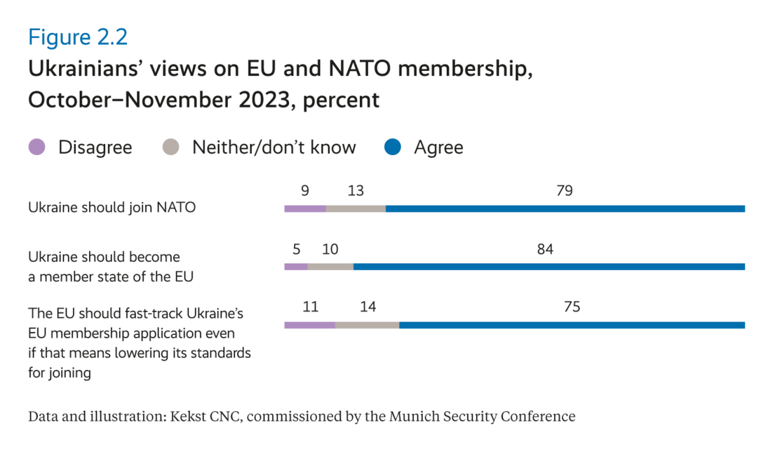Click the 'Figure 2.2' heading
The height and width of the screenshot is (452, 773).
click(78, 37)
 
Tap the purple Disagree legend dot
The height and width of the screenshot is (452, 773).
click(37, 147)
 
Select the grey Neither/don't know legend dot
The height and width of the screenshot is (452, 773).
click(171, 147)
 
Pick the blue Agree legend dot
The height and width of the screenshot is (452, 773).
click(393, 147)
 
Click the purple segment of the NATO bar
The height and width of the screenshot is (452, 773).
click(305, 208)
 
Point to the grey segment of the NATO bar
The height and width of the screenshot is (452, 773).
click(356, 208)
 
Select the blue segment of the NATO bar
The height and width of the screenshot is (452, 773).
click(565, 208)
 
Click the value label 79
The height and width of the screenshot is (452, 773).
click(565, 190)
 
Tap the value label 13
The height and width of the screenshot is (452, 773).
click(355, 190)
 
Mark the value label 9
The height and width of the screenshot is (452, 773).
click(304, 190)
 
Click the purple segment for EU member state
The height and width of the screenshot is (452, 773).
click(295, 267)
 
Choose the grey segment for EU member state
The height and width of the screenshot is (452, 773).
click(330, 267)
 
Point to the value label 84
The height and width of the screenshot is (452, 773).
click(545, 248)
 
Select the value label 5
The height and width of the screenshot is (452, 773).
click(296, 248)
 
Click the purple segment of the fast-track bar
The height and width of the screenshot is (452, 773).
click(309, 325)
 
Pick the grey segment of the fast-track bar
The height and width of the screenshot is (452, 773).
click(367, 325)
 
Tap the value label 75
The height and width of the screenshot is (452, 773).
click(572, 307)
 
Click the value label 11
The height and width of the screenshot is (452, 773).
click(309, 307)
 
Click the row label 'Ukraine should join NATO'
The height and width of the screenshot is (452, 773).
click(112, 208)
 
